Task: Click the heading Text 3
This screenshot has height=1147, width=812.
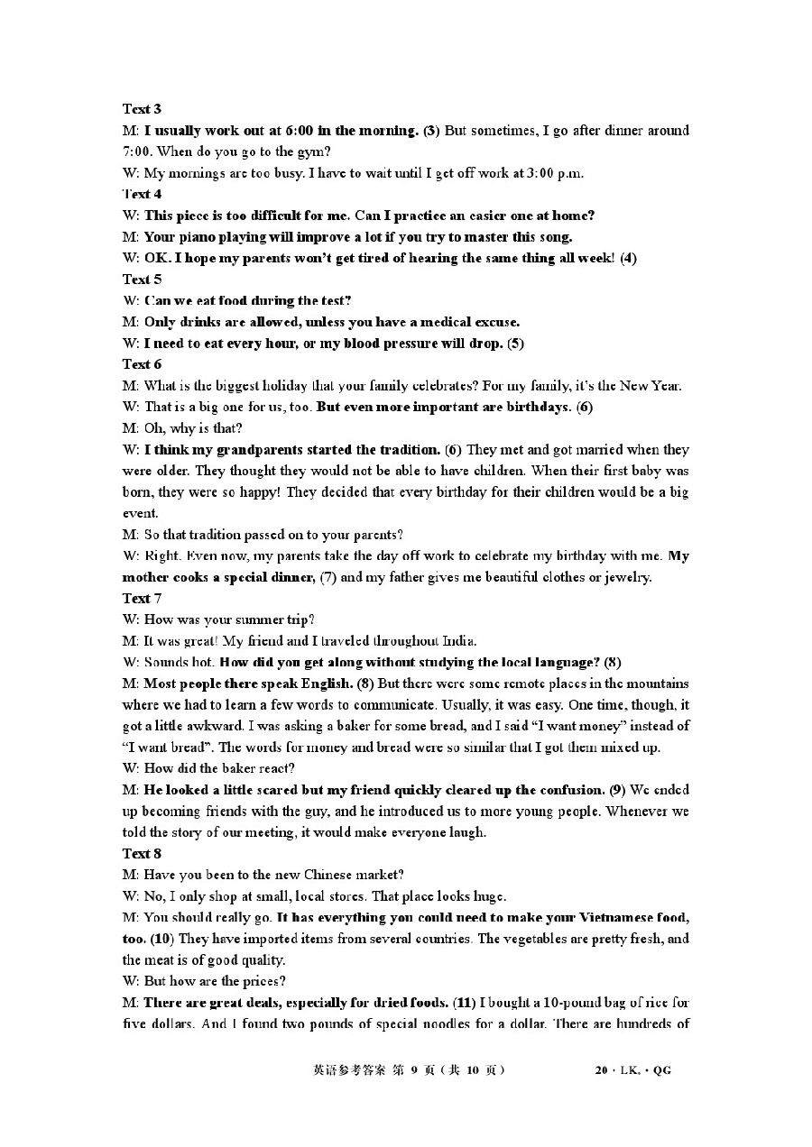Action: coord(142,109)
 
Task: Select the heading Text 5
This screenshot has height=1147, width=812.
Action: coord(142,279)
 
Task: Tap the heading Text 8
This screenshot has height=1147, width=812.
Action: coord(142,853)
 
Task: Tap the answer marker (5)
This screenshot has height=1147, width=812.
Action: coord(515,343)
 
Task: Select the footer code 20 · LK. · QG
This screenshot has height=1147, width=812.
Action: coord(632,1070)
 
